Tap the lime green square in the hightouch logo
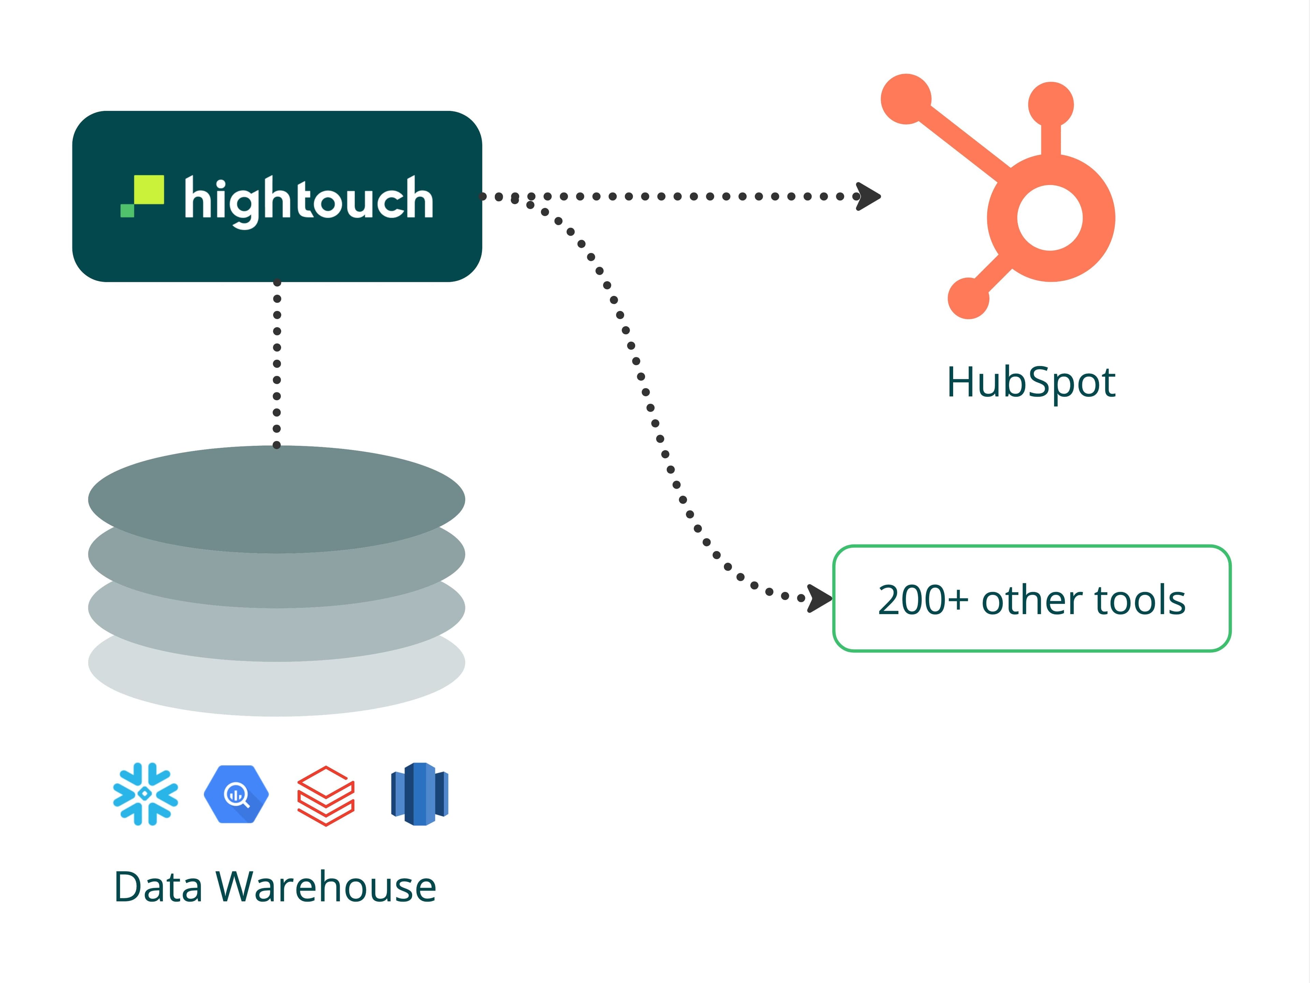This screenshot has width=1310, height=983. pos(149,190)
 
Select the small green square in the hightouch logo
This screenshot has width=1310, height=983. pos(127,210)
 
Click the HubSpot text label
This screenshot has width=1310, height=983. pos(1031,382)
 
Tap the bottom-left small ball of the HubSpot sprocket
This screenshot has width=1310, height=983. pos(968,298)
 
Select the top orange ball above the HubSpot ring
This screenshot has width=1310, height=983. pos(1051,105)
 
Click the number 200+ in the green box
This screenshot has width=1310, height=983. pos(922,600)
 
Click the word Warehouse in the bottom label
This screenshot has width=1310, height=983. pos(326,887)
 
